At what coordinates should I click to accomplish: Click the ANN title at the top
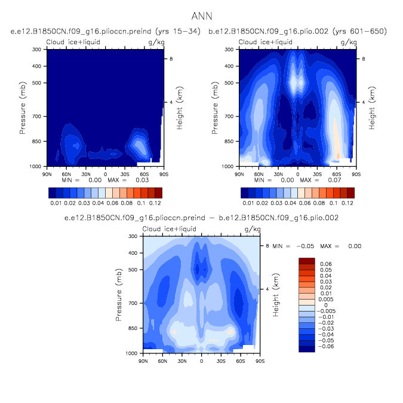click(201, 16)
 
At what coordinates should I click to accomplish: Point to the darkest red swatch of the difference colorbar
click(306, 261)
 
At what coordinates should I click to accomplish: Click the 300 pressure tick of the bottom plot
click(133, 236)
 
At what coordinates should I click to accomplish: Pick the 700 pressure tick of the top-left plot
click(37, 116)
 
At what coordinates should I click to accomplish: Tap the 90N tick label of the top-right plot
click(239, 173)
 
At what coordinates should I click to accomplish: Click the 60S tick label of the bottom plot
click(241, 361)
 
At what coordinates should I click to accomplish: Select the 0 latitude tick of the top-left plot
click(106, 173)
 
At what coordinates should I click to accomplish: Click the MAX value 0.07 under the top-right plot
click(319, 179)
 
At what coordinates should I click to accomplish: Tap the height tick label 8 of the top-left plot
click(171, 59)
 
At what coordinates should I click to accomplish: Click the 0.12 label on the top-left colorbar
click(155, 203)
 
